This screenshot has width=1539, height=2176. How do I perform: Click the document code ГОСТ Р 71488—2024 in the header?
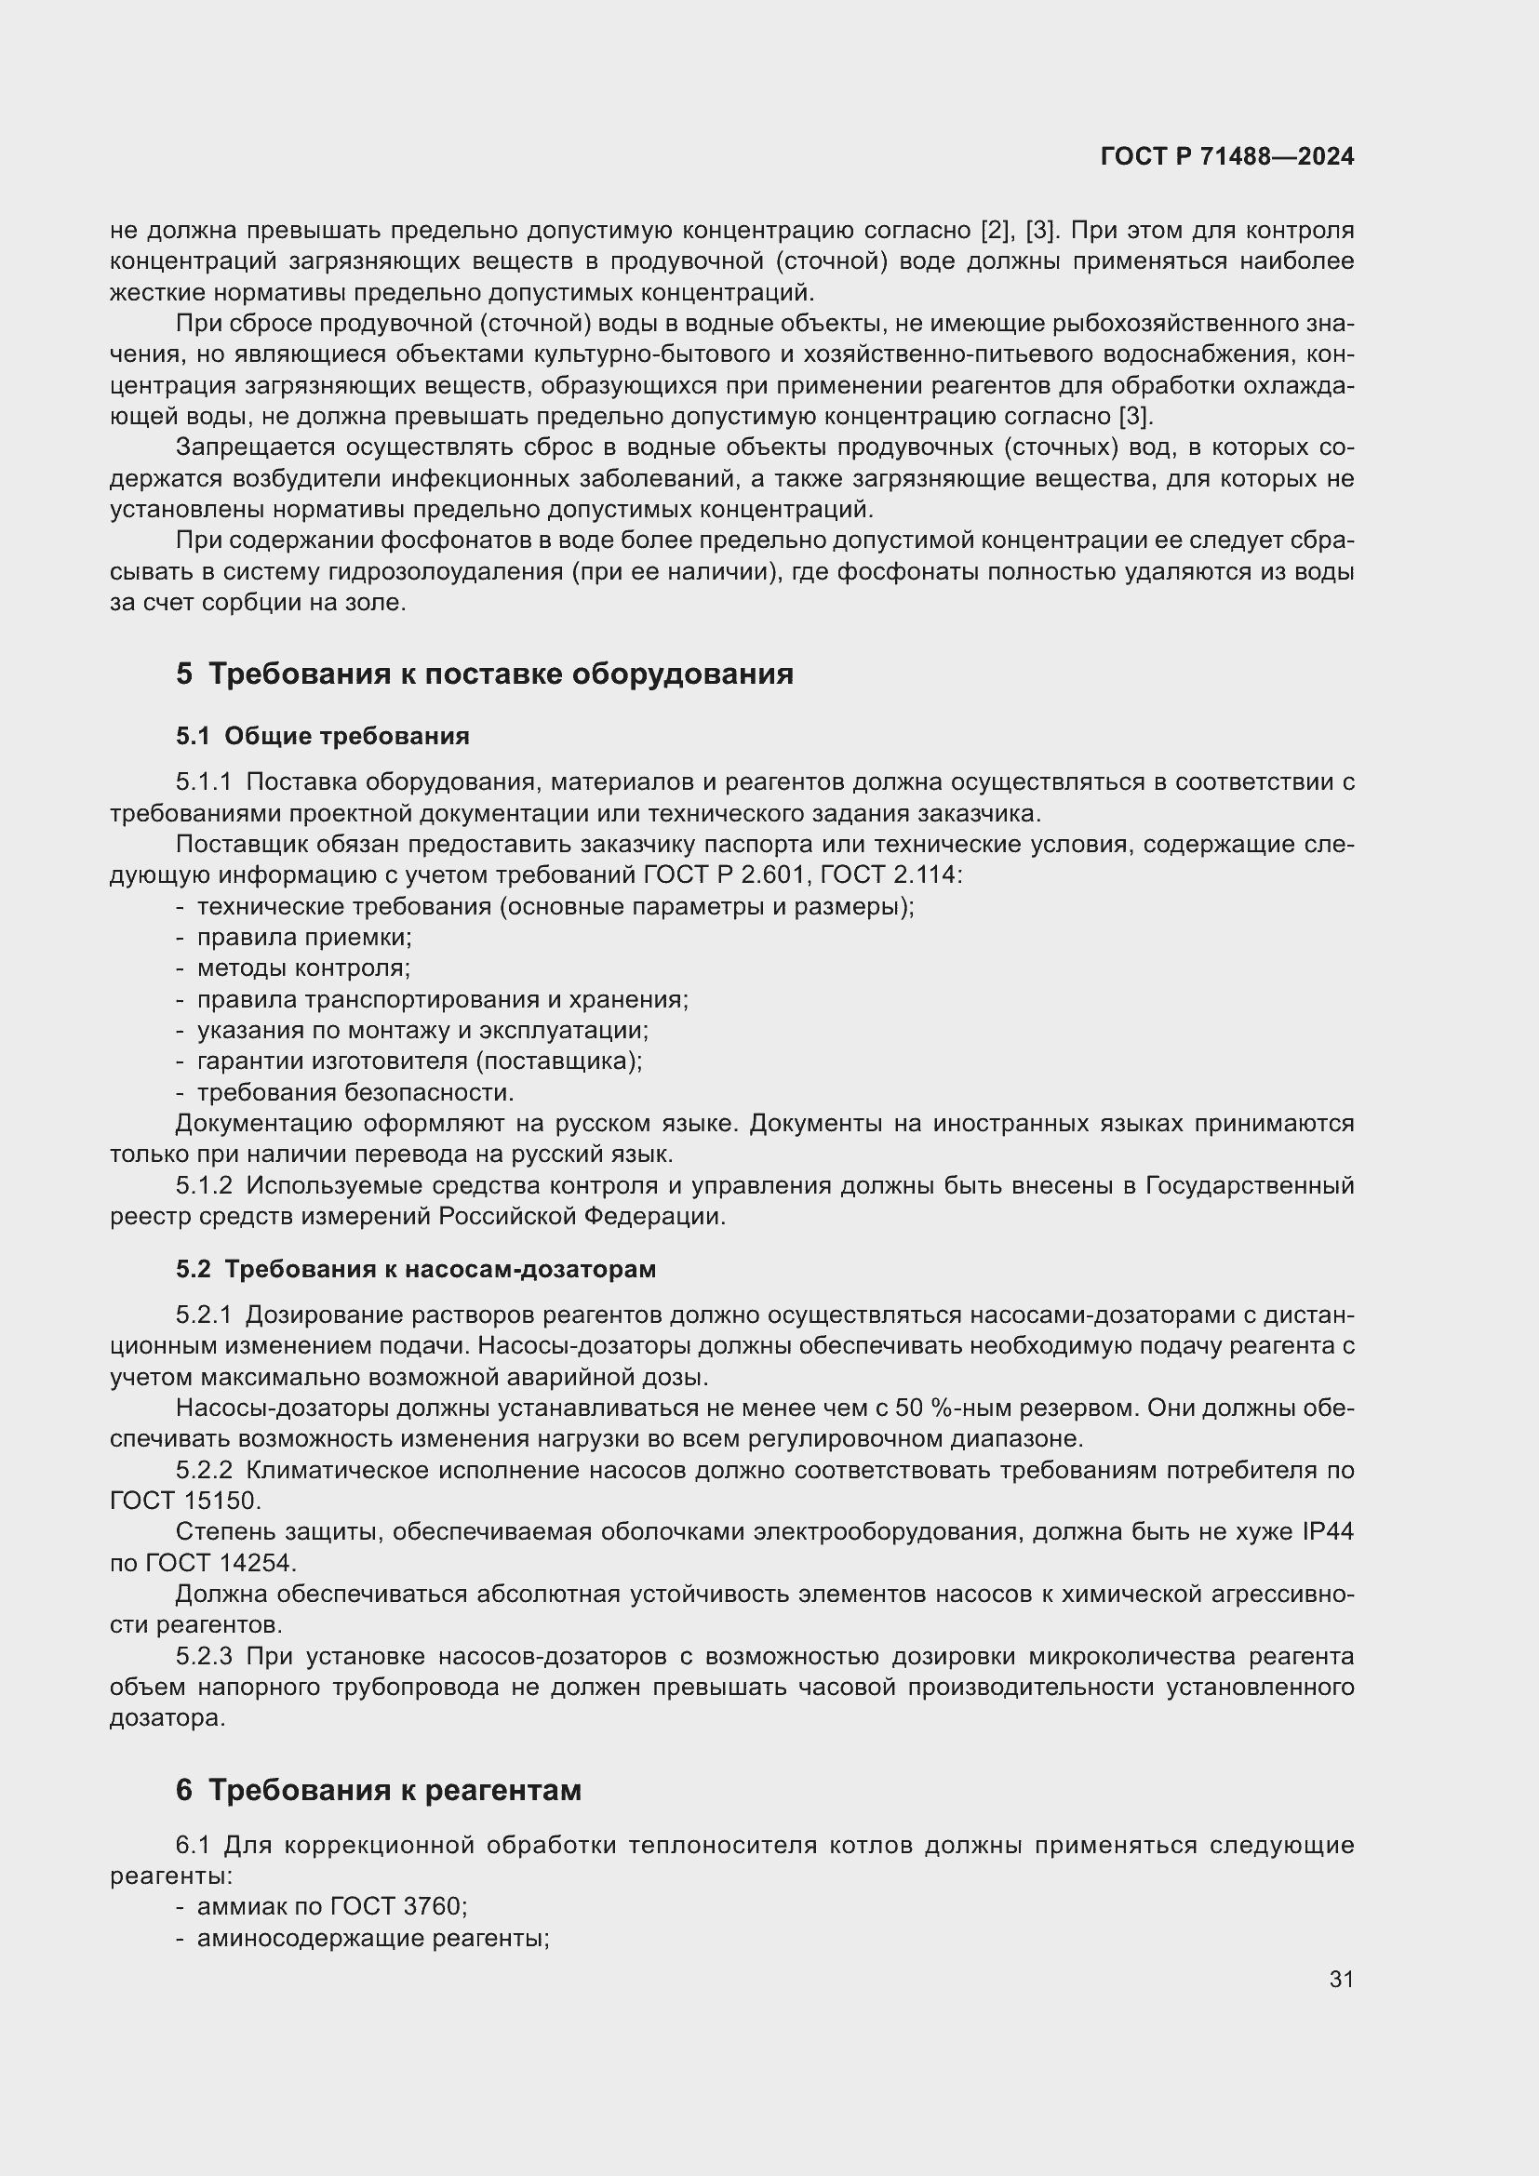click(1226, 156)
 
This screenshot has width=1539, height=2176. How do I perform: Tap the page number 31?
click(1341, 1979)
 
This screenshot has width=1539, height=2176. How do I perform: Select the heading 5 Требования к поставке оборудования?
click(484, 673)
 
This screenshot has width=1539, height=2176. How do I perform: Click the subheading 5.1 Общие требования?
click(322, 736)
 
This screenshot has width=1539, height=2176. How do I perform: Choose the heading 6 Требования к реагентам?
click(378, 1789)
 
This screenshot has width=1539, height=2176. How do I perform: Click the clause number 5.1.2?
click(204, 1185)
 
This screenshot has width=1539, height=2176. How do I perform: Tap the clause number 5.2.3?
click(204, 1656)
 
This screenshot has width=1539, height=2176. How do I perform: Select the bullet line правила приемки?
click(303, 938)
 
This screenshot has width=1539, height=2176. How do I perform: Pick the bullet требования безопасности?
click(355, 1092)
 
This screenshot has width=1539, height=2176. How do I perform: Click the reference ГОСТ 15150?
click(183, 1501)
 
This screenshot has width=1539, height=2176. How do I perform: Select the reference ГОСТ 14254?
click(220, 1562)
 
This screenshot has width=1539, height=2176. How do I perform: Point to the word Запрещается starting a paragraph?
click(255, 447)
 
